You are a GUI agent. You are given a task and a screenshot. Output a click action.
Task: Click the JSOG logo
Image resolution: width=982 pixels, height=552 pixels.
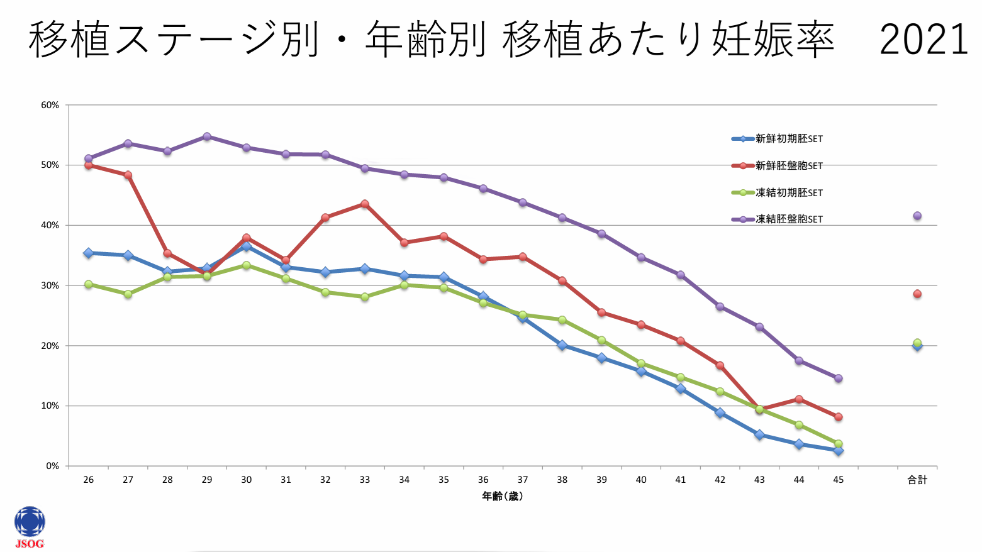30,527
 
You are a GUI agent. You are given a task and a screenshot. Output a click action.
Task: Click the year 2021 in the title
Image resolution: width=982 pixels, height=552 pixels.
923,40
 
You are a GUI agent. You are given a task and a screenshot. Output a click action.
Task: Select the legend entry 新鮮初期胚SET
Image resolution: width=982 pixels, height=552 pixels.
789,139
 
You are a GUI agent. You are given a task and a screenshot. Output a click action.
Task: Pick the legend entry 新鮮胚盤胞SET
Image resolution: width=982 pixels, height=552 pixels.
789,166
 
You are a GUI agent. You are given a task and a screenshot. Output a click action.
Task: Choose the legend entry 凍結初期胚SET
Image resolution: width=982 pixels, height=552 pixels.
789,193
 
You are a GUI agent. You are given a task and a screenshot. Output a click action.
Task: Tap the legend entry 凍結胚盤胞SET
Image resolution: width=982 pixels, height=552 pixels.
789,219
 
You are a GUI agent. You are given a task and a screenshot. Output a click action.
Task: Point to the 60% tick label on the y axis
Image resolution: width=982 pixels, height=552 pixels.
50,105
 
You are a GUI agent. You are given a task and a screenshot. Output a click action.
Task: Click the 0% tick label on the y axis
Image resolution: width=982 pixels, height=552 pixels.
53,466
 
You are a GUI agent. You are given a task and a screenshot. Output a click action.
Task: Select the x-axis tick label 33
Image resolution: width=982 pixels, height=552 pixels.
365,480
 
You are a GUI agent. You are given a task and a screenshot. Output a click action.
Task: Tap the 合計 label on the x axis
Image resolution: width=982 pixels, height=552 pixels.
917,480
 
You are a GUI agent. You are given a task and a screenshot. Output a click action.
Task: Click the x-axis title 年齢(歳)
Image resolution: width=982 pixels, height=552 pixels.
503,497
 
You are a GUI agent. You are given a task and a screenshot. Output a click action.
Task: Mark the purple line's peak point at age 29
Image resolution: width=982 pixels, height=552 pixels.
207,136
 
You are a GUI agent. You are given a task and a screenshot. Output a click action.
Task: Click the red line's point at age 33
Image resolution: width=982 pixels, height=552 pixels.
365,204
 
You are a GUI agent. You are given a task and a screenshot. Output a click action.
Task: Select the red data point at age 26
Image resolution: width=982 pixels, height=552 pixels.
89,165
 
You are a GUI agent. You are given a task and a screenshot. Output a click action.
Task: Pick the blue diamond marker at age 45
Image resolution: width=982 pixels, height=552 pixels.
838,451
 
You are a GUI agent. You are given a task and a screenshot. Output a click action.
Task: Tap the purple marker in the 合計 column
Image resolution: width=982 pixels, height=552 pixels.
917,216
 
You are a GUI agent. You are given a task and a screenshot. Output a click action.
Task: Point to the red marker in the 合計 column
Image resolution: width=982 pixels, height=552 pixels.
917,294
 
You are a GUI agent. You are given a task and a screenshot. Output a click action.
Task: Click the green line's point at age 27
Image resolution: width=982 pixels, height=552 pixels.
128,294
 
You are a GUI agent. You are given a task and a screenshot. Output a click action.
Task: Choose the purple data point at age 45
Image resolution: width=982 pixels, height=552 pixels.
838,378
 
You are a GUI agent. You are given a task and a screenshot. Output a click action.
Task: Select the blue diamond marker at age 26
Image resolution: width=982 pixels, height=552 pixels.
89,253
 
